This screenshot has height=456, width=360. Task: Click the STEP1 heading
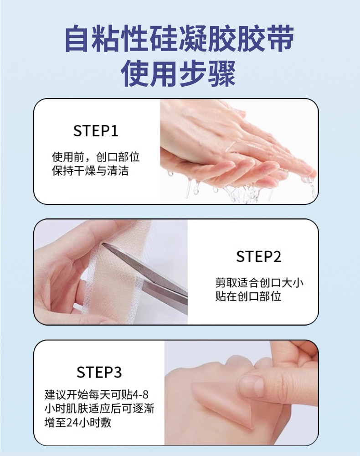96,131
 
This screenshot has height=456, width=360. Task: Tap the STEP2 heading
258,257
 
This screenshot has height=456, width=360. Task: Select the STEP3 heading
99,372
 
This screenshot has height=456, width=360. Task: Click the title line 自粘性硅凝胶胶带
180,39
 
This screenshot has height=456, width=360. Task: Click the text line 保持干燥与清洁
90,171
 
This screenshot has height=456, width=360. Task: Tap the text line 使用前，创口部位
96,157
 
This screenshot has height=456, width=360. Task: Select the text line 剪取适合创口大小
259,283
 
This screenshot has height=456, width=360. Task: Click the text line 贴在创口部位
248,296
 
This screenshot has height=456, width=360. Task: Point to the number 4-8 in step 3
140,395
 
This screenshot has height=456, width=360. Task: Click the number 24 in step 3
72,423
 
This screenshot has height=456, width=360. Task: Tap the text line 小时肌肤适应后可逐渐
99,409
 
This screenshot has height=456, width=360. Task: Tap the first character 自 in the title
77,39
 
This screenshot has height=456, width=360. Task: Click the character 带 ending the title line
280,39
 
